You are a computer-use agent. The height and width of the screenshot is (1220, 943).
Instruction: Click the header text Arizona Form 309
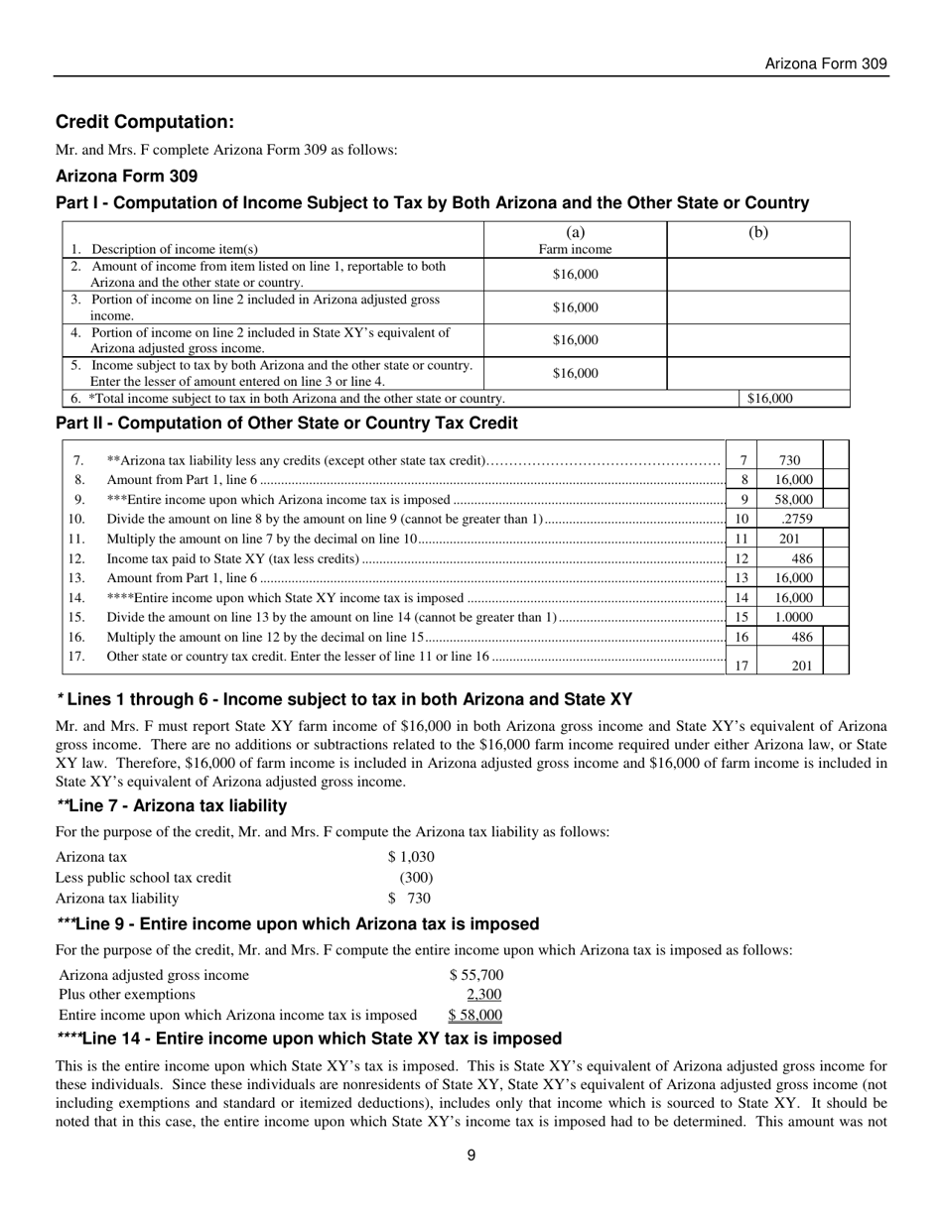825,64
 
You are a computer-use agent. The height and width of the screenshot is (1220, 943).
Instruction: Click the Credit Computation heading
145,122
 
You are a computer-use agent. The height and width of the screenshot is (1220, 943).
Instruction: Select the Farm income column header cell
575,242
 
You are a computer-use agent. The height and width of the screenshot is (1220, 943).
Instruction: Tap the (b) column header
757,234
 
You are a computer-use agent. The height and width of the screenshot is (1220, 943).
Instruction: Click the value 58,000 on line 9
793,500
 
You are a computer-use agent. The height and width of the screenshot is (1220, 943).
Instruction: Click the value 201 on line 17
801,666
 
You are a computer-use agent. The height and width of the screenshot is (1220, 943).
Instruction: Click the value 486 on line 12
801,558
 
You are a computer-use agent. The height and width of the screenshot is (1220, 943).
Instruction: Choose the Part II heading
286,424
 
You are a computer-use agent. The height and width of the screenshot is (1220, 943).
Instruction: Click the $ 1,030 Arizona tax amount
411,857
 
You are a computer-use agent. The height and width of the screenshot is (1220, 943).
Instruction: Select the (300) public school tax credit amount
416,878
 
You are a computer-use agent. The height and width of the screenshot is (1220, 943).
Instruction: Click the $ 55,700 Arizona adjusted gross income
476,975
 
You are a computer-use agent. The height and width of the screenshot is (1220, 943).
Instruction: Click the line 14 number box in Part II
741,598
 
